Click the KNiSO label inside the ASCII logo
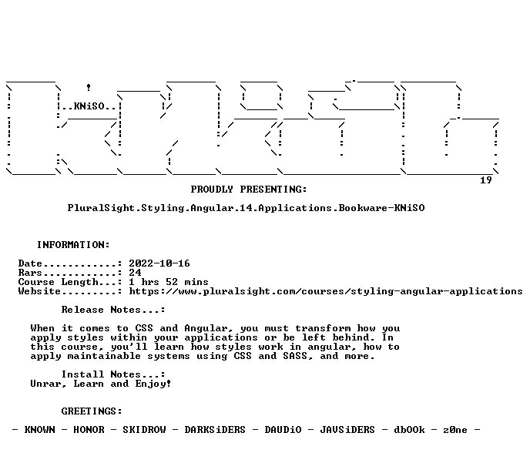pyautogui.click(x=89, y=106)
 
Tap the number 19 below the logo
pyautogui.click(x=486, y=180)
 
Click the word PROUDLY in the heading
pyautogui.click(x=212, y=190)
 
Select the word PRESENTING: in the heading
pyautogui.click(x=273, y=190)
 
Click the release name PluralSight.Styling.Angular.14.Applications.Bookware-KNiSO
pyautogui.click(x=246, y=208)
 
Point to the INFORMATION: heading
pyautogui.click(x=73, y=245)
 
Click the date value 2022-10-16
pyautogui.click(x=159, y=263)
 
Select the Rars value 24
pyautogui.click(x=136, y=273)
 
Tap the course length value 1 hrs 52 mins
pyautogui.click(x=169, y=282)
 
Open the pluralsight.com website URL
pyautogui.click(x=326, y=291)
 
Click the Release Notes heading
pyautogui.click(x=113, y=310)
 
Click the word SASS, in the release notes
pyautogui.click(x=298, y=356)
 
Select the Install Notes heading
pyautogui.click(x=113, y=374)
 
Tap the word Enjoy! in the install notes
pyautogui.click(x=153, y=384)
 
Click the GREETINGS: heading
pyautogui.click(x=92, y=411)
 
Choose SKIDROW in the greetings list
pyautogui.click(x=144, y=430)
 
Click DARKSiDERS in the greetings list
pyautogui.click(x=215, y=430)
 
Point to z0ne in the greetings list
pyautogui.click(x=455, y=430)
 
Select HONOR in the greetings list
pyautogui.click(x=89, y=430)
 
